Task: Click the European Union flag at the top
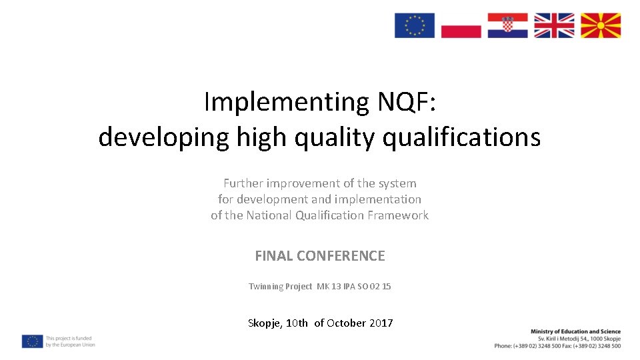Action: pyautogui.click(x=415, y=25)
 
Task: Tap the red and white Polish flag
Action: pyautogui.click(x=461, y=25)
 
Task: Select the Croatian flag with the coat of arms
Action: pyautogui.click(x=507, y=25)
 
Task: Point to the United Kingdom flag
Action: pyautogui.click(x=554, y=25)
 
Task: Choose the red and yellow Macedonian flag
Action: pyautogui.click(x=601, y=25)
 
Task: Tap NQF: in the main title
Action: pyautogui.click(x=398, y=102)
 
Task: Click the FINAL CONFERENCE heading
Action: pyautogui.click(x=320, y=256)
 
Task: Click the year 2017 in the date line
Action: pyautogui.click(x=381, y=323)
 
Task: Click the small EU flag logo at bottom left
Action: pyautogui.click(x=32, y=341)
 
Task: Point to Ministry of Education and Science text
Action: pyautogui.click(x=575, y=331)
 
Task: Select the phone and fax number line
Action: pyautogui.click(x=557, y=346)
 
